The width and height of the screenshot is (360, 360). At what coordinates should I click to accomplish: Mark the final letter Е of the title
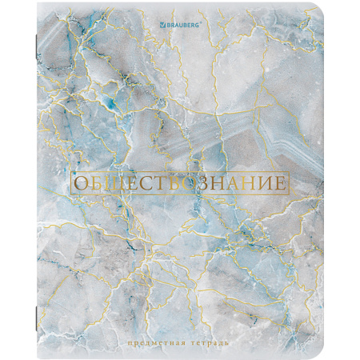(280, 183)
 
